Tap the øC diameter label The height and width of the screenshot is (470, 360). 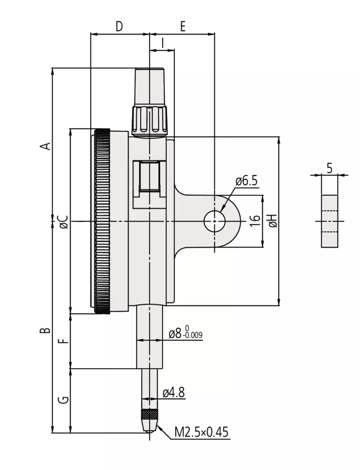coord(63,221)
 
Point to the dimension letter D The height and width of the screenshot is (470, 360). coord(119,27)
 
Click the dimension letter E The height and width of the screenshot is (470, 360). coord(182,27)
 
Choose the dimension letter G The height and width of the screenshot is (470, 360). coord(65,399)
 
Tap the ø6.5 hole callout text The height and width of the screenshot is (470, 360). coord(246,181)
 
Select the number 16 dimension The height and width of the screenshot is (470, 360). coord(255,220)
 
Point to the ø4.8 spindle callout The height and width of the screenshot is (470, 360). coord(173,393)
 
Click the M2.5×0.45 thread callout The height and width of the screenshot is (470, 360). coord(202,433)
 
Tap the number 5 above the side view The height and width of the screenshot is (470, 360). coord(329,169)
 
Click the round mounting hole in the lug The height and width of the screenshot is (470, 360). coord(215,221)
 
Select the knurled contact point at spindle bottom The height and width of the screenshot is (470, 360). coord(150,415)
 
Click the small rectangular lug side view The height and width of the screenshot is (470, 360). coord(329,221)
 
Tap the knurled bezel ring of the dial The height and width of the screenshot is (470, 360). coord(102,221)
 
